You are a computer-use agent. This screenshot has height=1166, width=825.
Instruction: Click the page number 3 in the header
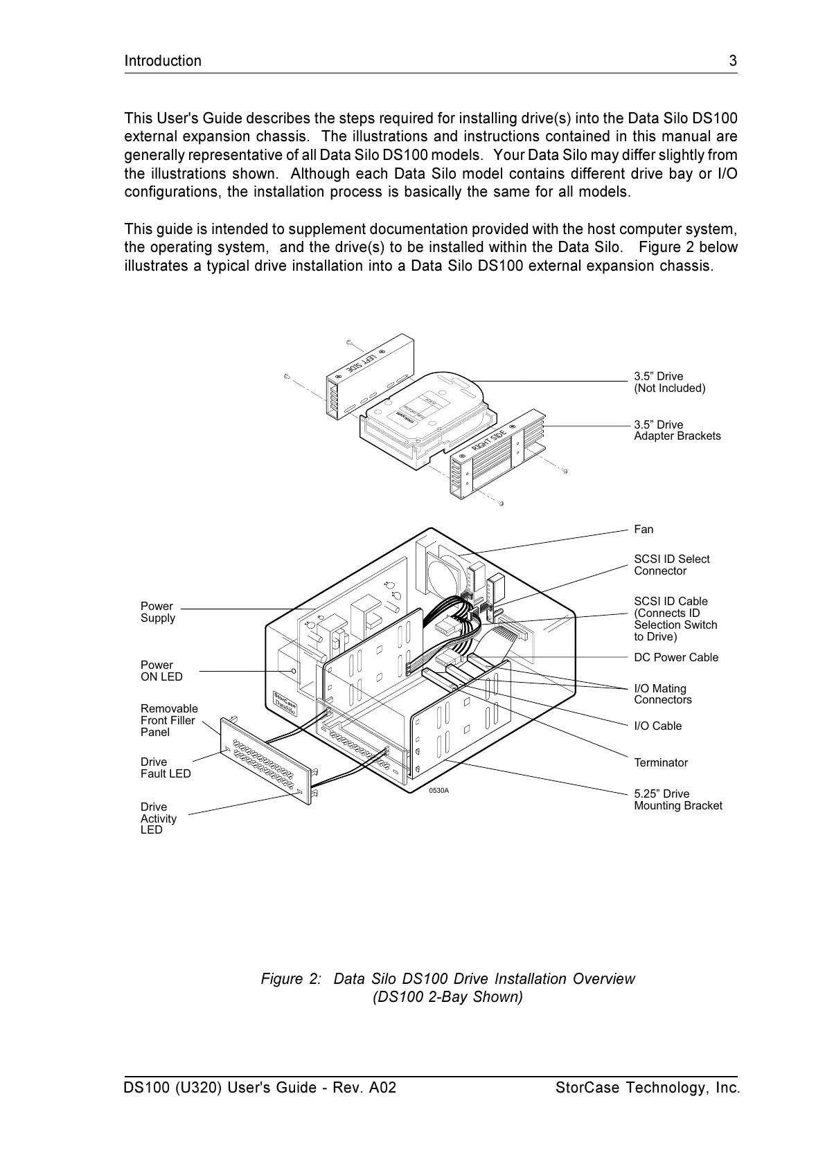733,61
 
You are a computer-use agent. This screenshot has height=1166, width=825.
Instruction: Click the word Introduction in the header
163,61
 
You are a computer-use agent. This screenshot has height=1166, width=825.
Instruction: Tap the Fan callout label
644,530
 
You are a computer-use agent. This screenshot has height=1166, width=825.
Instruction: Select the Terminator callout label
661,763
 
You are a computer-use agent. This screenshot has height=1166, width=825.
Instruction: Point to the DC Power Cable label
676,658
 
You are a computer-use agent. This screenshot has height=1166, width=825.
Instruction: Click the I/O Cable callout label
657,726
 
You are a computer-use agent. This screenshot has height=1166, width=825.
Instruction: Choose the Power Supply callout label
158,612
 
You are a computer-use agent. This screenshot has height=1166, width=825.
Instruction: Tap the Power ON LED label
161,671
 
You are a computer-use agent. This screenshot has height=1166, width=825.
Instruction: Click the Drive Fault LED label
166,768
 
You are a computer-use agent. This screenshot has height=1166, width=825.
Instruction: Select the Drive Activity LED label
159,818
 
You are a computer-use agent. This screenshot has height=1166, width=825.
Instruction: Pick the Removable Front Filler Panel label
169,721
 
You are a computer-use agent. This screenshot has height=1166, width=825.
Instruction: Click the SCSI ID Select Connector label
671,565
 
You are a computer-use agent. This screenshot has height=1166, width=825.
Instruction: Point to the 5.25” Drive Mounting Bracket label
677,800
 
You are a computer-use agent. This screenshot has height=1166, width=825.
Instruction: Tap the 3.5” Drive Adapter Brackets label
677,431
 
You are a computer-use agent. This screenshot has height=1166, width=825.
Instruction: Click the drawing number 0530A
438,791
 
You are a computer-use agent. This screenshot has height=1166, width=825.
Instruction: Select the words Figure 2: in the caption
291,979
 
